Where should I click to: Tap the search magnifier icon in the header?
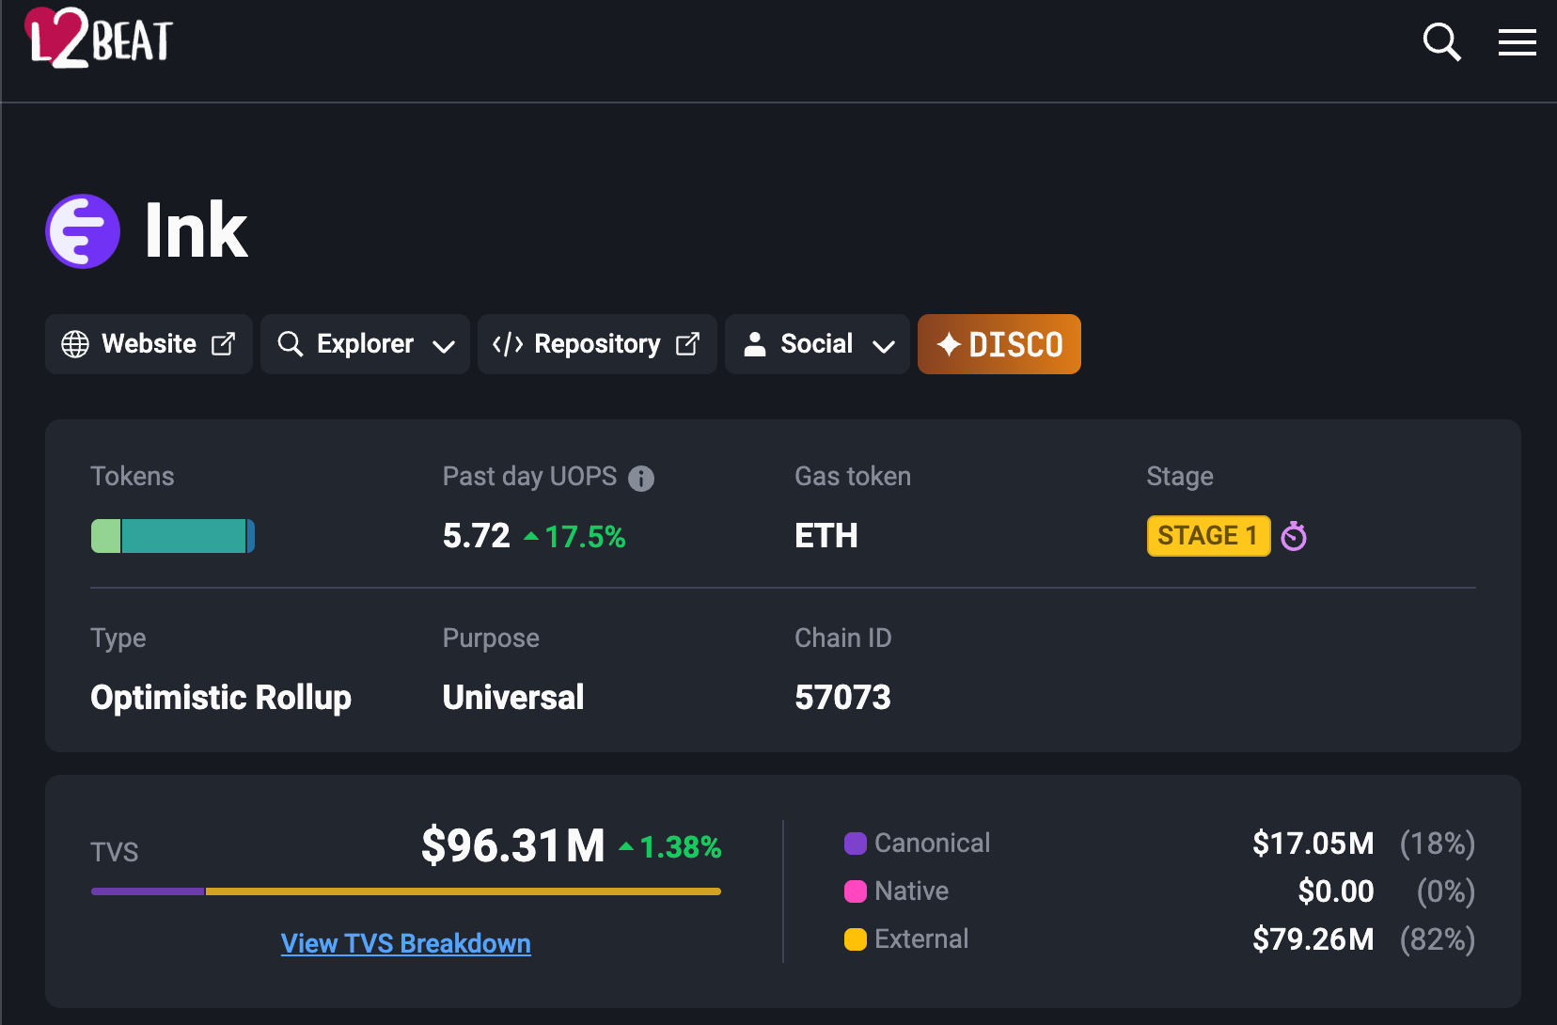1440,41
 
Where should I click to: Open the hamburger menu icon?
1517,42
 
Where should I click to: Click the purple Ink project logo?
83,231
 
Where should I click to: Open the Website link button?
149,344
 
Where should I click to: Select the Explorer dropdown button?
365,344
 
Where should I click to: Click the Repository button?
596,344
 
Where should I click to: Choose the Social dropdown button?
817,344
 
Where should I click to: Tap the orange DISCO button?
999,344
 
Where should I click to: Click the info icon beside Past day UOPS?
641,479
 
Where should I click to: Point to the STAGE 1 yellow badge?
1207,536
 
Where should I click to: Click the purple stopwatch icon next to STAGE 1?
1294,536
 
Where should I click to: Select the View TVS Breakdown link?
405,943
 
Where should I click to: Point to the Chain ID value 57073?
842,698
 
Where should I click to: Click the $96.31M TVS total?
513,845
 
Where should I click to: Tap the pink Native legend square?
856,891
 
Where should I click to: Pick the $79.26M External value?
1313,939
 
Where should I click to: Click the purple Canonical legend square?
856,844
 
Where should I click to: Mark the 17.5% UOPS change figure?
584,537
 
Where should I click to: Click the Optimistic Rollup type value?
221,698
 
